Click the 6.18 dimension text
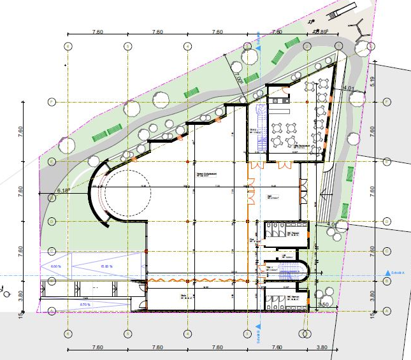[62, 190]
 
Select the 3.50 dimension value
[322, 305]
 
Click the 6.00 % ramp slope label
[55, 266]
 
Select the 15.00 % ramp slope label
[106, 266]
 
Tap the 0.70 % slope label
[84, 305]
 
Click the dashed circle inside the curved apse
[127, 192]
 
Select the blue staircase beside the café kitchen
[259, 127]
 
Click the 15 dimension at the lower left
[20, 313]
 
